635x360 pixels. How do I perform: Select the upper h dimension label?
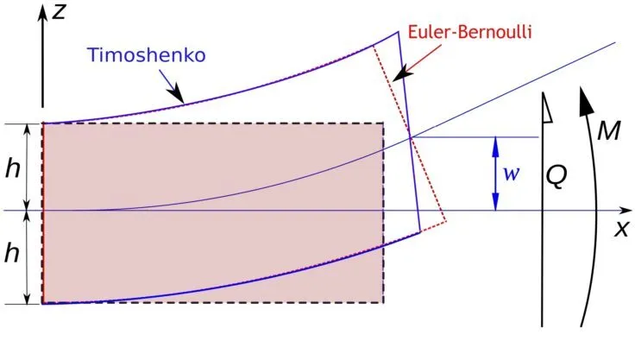13,169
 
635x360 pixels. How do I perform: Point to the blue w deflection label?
512,174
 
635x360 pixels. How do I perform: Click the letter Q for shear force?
556,179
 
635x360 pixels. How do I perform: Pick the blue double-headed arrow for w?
495,174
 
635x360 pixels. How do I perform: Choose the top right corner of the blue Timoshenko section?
399,33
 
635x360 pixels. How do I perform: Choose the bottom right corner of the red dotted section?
446,223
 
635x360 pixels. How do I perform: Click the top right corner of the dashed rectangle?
384,123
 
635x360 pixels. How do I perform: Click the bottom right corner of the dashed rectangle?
384,303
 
